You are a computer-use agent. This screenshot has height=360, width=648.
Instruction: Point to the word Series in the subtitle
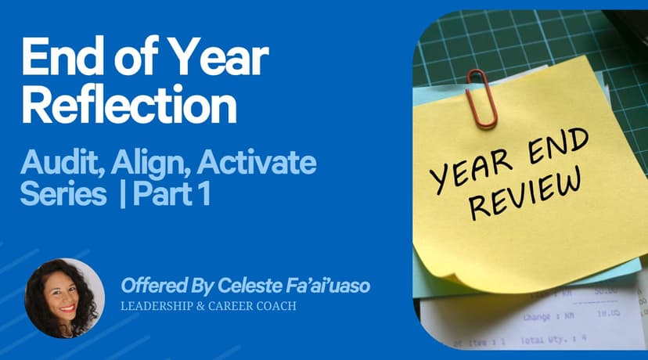tap(63, 195)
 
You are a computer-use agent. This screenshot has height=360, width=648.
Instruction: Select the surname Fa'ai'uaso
tap(326, 286)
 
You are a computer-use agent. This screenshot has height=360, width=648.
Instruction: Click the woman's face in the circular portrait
tap(63, 297)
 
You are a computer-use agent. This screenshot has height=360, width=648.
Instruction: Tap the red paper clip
tap(481, 98)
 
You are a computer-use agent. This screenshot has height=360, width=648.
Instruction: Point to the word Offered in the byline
tap(149, 286)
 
